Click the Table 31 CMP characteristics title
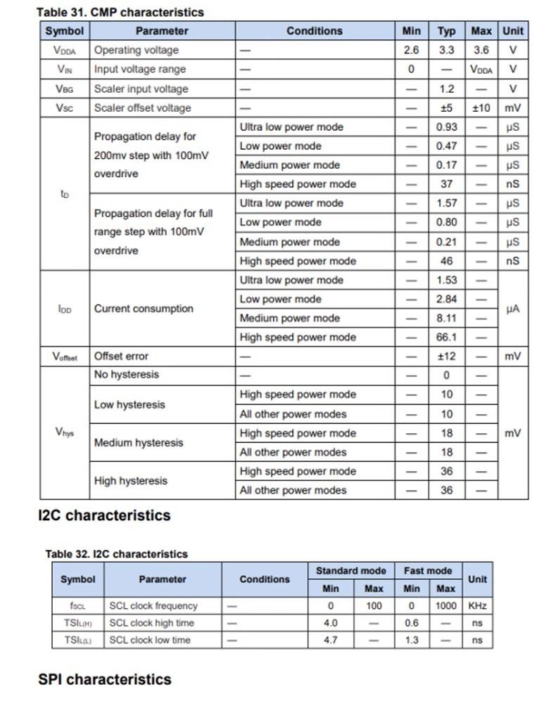[x=120, y=12]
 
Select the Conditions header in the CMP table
[x=315, y=31]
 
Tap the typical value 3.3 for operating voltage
[x=446, y=50]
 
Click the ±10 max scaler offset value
[x=481, y=108]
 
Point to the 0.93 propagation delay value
[x=446, y=127]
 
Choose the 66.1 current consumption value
[x=446, y=337]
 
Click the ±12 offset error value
[x=446, y=356]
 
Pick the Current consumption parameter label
[x=144, y=309]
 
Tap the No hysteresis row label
[x=127, y=375]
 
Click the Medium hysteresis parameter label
[x=139, y=443]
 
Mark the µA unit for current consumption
[x=512, y=309]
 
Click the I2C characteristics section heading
[x=104, y=515]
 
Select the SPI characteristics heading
[x=105, y=679]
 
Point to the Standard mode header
[x=351, y=571]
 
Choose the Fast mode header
[x=428, y=571]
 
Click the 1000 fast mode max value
[x=446, y=605]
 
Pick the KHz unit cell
[x=477, y=605]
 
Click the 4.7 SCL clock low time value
[x=330, y=640]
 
